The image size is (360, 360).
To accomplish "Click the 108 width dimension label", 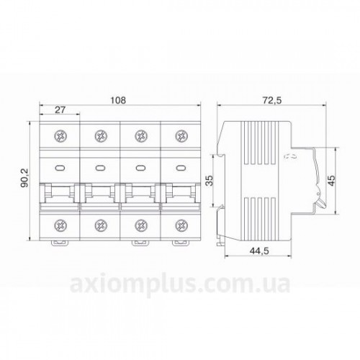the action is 118,100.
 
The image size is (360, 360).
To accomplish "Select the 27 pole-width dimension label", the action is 60,109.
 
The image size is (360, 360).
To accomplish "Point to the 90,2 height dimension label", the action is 25,178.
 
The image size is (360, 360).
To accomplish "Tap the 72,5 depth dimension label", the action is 272,100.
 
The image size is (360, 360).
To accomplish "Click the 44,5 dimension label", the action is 259,251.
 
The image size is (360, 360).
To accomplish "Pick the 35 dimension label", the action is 210,180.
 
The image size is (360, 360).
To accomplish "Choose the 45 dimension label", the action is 331,180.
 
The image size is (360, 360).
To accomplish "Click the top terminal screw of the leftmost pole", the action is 60,136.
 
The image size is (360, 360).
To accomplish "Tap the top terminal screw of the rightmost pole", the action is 181,136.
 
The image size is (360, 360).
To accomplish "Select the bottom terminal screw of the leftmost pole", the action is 60,225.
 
